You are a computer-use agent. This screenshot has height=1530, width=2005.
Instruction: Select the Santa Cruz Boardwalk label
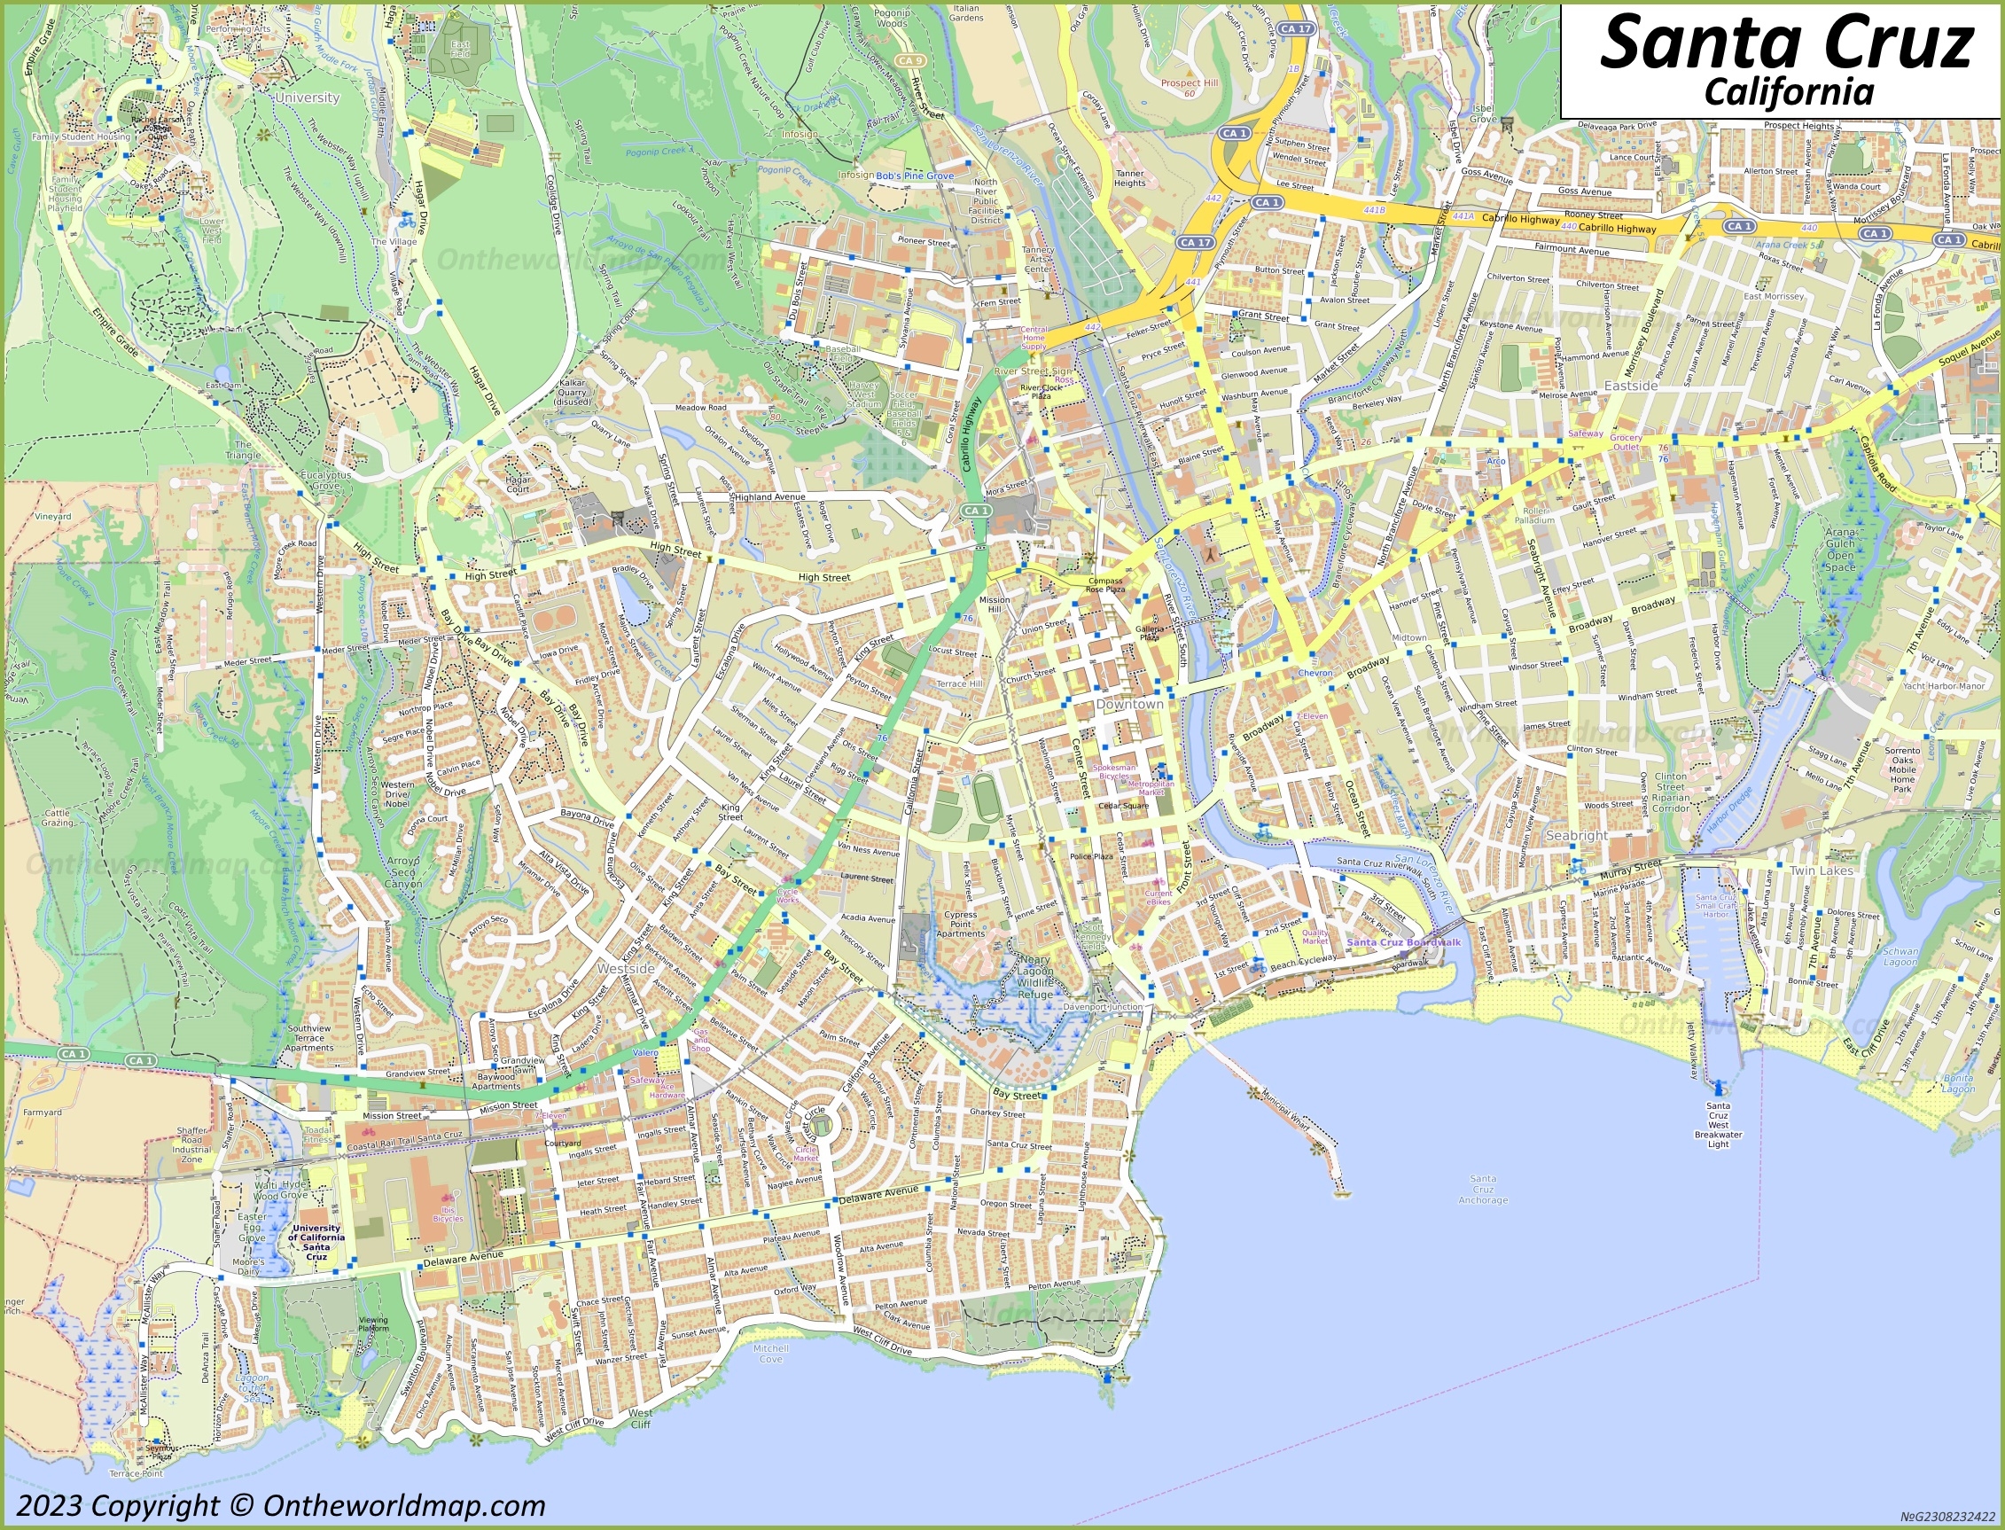(1403, 942)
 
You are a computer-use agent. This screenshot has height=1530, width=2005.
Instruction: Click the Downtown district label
(1129, 704)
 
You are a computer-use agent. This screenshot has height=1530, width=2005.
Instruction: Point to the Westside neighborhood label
(626, 969)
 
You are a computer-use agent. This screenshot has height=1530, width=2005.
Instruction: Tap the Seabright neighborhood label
(1577, 835)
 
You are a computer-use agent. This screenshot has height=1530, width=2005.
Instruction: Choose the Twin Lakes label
(1821, 870)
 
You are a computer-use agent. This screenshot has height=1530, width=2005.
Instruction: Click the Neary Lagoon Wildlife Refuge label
(1034, 976)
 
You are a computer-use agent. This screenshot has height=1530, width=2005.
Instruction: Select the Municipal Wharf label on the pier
(1284, 1112)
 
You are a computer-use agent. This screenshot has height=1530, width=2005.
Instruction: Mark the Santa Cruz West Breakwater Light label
(1717, 1125)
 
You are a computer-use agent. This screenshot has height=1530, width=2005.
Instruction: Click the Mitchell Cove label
(770, 1354)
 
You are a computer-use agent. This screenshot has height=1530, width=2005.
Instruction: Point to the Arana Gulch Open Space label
(1839, 550)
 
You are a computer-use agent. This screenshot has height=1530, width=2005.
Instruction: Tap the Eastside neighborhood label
(1630, 386)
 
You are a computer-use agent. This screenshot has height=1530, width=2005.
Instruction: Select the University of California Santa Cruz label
(316, 1242)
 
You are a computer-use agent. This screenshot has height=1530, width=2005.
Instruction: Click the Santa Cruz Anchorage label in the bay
(1482, 1190)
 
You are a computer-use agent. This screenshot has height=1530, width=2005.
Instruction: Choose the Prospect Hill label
(1189, 82)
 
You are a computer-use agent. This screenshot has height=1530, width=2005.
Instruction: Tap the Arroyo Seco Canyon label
(403, 871)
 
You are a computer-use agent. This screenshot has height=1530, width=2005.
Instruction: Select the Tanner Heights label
(1129, 177)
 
